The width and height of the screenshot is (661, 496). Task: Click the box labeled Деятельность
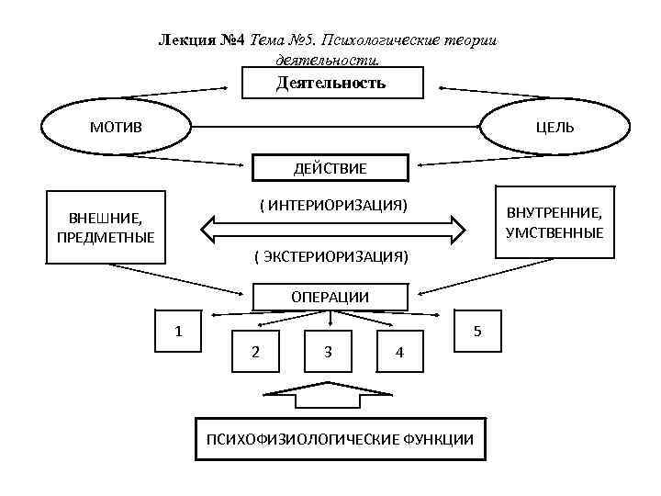pos(331,83)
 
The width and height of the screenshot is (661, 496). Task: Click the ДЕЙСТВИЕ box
pos(330,168)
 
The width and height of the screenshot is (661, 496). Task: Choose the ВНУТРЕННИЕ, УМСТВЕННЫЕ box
pos(555,223)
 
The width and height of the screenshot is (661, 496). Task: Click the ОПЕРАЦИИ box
pos(330,296)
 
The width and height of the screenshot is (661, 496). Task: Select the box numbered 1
pos(180,330)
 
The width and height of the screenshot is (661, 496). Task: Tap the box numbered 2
pos(255,351)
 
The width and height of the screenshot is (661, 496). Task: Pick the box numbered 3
pos(328,351)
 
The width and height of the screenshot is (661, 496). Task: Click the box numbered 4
pos(398,352)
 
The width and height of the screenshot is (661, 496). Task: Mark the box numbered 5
pos(476,330)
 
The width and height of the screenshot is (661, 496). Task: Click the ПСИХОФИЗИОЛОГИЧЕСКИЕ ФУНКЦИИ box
pos(340,439)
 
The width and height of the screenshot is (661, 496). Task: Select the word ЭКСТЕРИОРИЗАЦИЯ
pos(331,254)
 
